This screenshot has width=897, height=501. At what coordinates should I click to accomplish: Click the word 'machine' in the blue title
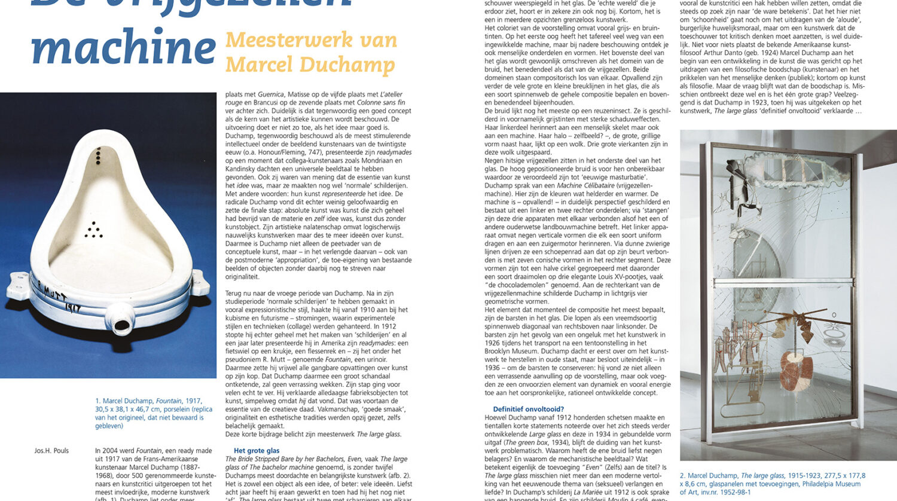coord(123,48)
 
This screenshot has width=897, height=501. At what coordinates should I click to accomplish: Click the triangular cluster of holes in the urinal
coord(93,229)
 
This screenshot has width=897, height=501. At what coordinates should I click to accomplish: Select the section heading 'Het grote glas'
coord(257,451)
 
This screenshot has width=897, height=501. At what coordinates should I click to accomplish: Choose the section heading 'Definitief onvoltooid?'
coord(528,410)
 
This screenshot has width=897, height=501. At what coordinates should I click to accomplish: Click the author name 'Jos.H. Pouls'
coord(51,451)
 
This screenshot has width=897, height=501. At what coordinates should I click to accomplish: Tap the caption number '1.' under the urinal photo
coord(98,401)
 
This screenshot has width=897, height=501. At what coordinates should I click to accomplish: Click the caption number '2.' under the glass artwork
coord(682,476)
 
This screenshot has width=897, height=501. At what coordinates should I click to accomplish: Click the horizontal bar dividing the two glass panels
coord(783,280)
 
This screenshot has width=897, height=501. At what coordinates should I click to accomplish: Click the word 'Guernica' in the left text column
coord(270,94)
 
